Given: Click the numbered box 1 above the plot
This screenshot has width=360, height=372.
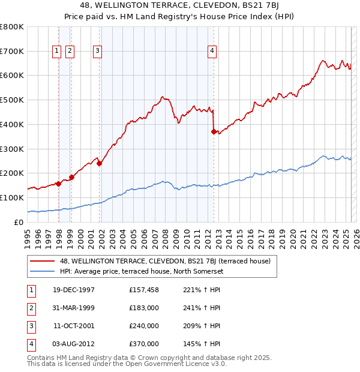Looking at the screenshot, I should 56,52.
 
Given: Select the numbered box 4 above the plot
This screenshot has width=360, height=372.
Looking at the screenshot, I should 212,52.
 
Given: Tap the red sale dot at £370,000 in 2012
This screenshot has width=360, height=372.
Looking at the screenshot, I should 214,131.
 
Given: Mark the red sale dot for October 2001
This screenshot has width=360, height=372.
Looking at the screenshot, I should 100,163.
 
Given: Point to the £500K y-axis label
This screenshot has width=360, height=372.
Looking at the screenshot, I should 12,100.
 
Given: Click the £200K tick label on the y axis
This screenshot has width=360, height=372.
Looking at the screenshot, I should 12,173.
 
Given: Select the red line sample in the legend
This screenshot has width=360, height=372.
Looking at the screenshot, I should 43,261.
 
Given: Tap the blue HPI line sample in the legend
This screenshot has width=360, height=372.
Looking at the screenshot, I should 43,271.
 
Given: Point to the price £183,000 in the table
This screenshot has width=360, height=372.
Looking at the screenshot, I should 144,308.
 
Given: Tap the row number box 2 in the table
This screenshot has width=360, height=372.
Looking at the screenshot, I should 30,308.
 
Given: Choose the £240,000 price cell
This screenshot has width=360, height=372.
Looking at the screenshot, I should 144,326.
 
